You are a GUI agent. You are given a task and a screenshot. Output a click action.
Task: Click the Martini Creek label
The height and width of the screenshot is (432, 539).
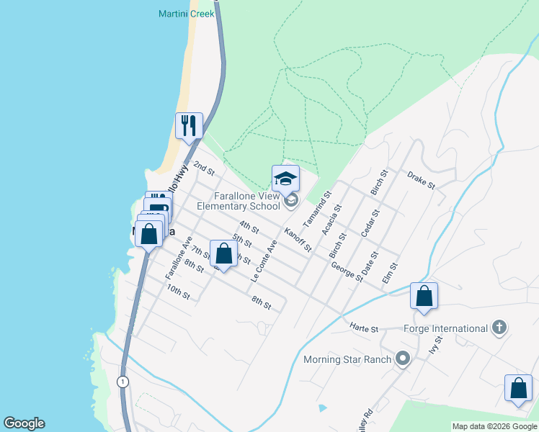pos(187,14)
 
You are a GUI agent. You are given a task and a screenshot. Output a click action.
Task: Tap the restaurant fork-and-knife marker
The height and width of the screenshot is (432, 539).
pos(189,125)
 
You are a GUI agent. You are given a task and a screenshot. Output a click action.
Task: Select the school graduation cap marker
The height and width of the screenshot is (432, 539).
pos(285,179)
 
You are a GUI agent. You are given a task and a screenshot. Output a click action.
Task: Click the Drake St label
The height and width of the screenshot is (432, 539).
pos(422,181)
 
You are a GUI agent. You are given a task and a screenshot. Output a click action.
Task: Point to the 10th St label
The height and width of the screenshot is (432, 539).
pos(178,291)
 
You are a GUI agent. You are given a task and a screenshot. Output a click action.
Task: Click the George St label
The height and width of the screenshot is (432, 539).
pos(346,271)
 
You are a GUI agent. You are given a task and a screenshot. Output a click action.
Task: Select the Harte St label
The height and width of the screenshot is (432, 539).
pos(364,329)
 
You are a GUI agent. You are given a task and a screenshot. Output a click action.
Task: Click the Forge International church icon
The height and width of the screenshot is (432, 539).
pos(498,328)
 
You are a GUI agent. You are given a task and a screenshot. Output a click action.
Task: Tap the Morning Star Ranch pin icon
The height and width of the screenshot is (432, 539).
pos(402,359)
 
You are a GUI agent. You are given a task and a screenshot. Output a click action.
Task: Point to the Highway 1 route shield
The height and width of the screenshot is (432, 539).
pos(123,382)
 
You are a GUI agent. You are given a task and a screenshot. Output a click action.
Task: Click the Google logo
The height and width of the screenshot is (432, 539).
pos(24,423)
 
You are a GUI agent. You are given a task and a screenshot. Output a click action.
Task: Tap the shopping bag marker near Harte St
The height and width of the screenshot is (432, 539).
pos(424,296)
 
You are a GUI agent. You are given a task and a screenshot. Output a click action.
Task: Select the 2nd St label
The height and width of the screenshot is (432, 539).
pos(205,169)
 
